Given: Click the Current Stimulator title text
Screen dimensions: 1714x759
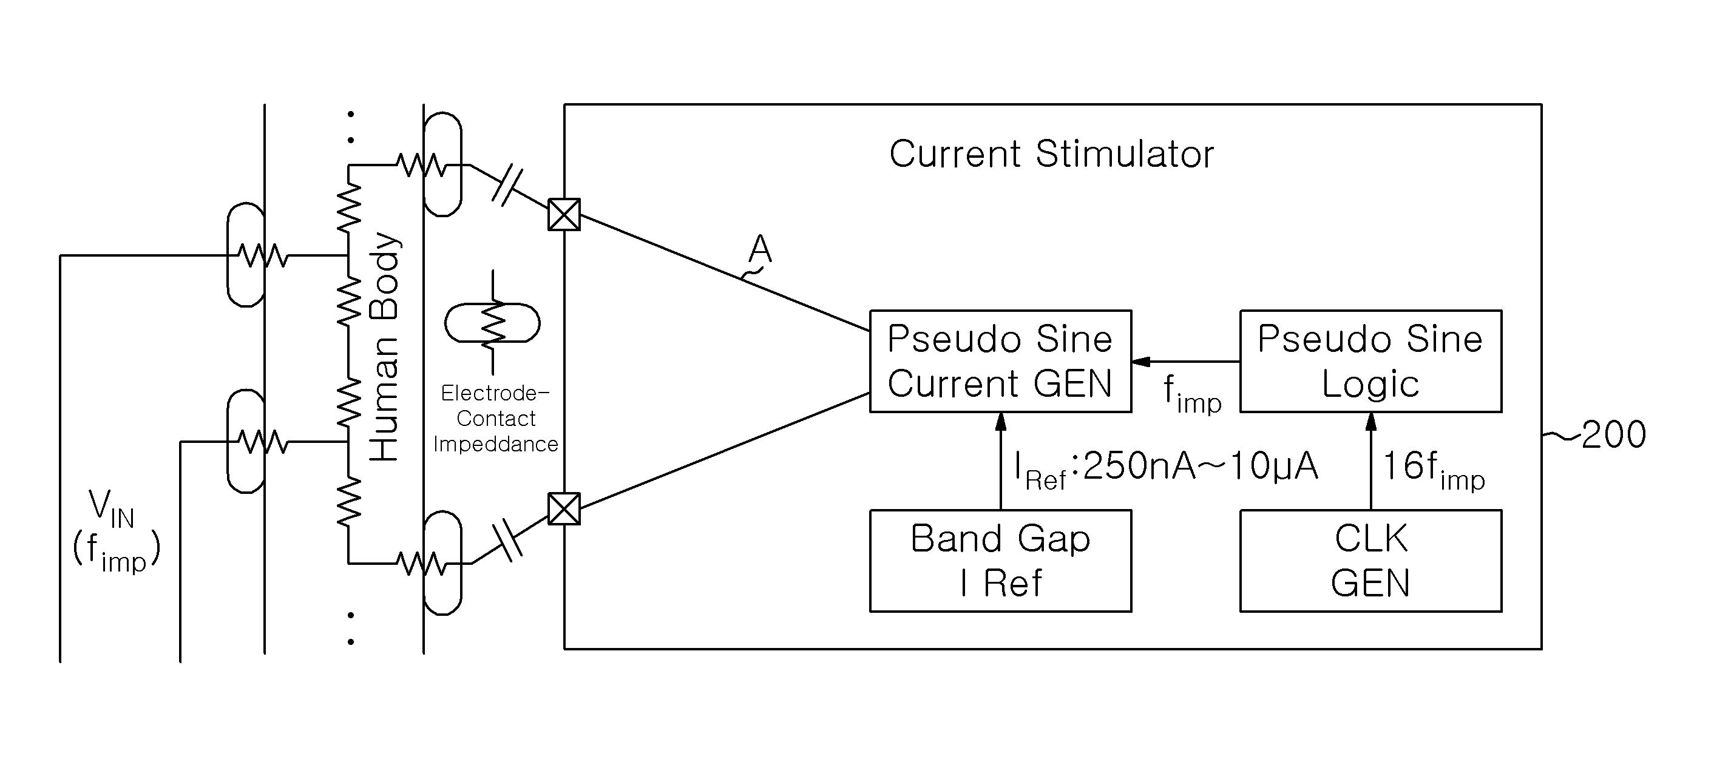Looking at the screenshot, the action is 1051,154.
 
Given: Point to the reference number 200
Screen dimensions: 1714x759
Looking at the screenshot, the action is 1613,435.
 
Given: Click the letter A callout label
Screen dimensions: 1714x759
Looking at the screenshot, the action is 760,249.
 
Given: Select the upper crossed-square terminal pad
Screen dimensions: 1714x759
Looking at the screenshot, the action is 564,214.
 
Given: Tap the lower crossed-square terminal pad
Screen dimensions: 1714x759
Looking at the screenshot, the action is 564,509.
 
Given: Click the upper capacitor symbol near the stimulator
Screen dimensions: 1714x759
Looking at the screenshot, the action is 507,186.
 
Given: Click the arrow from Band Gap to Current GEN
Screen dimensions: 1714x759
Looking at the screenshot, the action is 1000,461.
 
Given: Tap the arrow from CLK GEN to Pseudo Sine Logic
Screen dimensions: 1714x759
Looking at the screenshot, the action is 1370,461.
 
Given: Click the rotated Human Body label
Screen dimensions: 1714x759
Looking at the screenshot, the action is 384,346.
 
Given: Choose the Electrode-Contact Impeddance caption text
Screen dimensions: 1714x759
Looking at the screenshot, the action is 496,419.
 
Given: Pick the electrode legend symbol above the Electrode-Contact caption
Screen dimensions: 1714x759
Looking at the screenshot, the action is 492,323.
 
